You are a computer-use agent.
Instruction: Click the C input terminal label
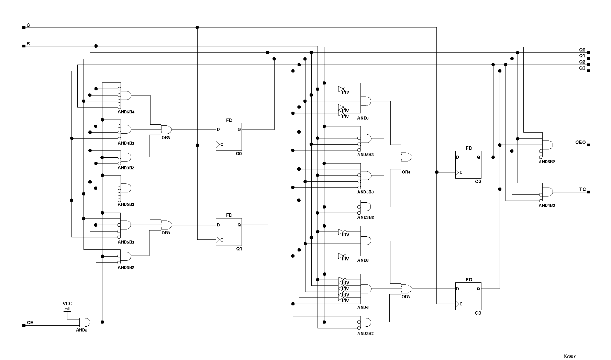(28, 25)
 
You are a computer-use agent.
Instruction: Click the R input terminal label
(28, 44)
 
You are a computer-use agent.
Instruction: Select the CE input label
(30, 323)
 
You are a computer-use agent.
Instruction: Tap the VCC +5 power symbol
(67, 307)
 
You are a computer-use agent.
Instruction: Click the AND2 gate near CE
(84, 322)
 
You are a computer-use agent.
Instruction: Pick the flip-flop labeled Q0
(229, 137)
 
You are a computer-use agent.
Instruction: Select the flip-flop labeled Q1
(229, 232)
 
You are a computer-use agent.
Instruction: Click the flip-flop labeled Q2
(468, 165)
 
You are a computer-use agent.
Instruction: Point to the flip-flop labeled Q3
(468, 296)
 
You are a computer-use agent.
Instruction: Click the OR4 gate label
(406, 172)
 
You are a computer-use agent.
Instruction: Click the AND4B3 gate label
(126, 143)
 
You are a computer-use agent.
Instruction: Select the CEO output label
(580, 142)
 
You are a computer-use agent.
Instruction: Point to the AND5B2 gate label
(547, 162)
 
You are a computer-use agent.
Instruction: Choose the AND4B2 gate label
(547, 205)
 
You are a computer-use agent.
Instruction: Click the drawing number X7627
(569, 356)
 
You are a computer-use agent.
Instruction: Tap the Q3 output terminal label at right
(582, 68)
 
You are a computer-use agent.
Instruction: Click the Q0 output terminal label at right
(582, 50)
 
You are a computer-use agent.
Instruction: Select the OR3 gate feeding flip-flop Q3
(406, 289)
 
